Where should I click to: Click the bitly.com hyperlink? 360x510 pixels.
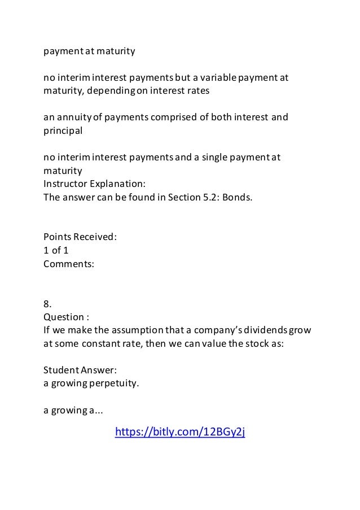point(180,433)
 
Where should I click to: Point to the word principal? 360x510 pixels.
point(63,130)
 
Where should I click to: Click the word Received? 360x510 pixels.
point(93,237)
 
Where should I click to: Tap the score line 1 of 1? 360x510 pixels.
point(56,250)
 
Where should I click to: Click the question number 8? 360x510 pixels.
point(47,303)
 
